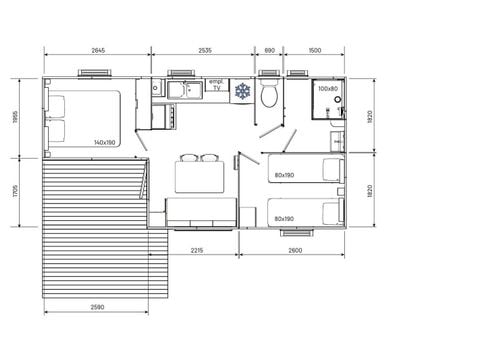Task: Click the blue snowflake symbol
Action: (x=241, y=91)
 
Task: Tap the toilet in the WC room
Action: (x=269, y=96)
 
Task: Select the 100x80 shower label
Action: (x=327, y=88)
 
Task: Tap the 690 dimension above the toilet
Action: (x=269, y=49)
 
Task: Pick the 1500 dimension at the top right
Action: (x=314, y=49)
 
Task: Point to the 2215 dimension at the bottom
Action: (x=195, y=250)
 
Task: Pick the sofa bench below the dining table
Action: (x=199, y=210)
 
